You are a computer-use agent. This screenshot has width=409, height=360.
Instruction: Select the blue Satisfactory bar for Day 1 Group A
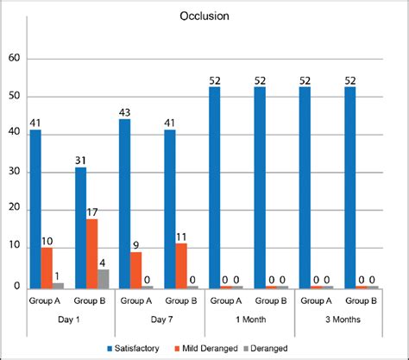click(35, 208)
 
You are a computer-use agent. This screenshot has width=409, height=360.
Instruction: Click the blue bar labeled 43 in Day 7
click(125, 204)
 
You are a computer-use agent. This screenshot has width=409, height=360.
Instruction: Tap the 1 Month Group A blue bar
click(215, 186)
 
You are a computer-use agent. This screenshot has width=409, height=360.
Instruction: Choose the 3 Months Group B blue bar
click(349, 186)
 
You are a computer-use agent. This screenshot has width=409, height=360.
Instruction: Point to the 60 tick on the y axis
click(15, 59)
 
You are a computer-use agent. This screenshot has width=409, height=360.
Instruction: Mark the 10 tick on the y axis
click(15, 249)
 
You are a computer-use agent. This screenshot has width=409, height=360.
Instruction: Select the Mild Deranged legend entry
click(207, 347)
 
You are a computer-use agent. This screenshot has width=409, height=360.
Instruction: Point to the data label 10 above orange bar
click(47, 241)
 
